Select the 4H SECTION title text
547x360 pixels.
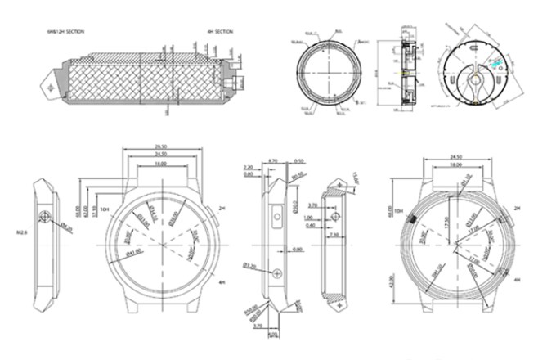pos(220,31)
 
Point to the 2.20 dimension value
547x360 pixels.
pos(249,167)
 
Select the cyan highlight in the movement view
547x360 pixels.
pos(495,61)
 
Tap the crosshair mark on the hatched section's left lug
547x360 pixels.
pos(52,86)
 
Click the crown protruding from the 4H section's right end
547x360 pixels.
pos(240,83)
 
